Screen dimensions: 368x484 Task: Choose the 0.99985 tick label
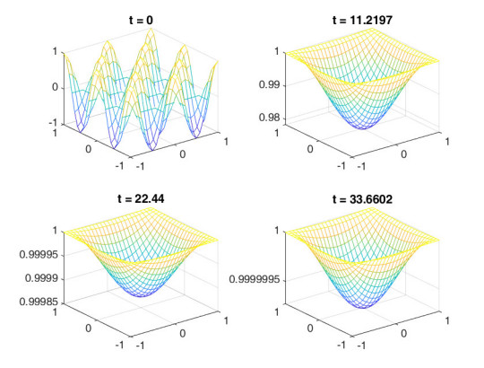tap(37, 302)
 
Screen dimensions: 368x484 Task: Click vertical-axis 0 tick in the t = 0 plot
tap(55, 87)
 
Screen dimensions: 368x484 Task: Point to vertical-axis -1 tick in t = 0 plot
tap(52, 123)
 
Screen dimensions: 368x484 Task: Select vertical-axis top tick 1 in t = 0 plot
tap(55, 52)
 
